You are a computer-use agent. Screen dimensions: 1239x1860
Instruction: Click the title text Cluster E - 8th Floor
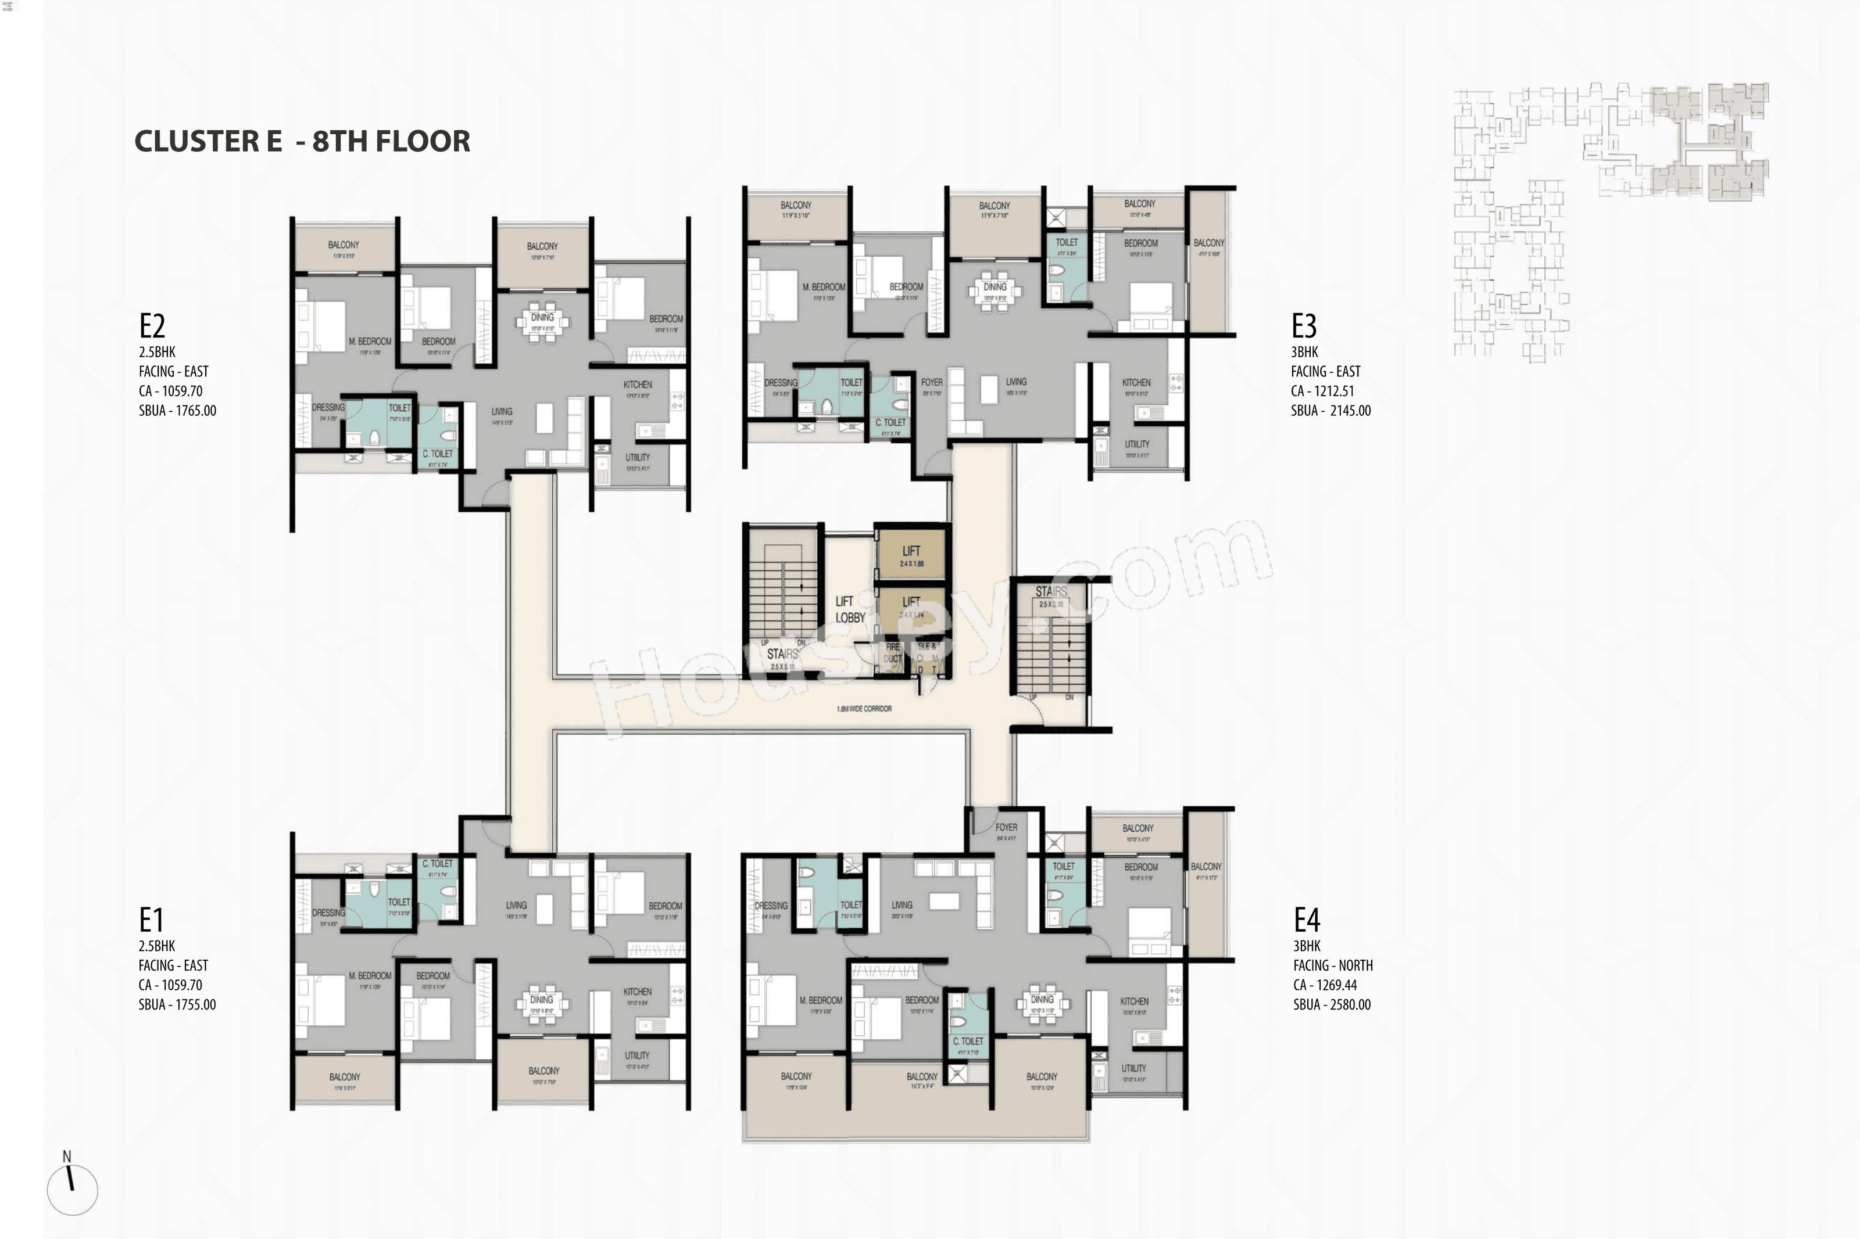tap(302, 141)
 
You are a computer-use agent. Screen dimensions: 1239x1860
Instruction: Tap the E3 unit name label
tap(1304, 325)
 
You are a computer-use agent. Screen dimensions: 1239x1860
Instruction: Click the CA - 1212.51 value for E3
tap(1322, 391)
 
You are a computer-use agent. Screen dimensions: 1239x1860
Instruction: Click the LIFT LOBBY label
tap(850, 609)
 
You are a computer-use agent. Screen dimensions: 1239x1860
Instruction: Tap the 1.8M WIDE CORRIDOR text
tap(863, 709)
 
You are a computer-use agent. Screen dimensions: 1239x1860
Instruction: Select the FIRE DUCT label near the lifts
tap(892, 653)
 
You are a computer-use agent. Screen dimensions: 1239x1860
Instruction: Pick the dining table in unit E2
tap(542, 322)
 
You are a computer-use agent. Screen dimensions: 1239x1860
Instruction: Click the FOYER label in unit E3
tap(931, 382)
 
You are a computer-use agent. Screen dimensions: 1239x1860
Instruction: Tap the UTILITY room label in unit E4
tap(1133, 1068)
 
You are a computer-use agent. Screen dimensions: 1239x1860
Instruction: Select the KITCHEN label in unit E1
tap(637, 992)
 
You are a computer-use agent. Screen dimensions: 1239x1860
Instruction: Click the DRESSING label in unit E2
tap(328, 408)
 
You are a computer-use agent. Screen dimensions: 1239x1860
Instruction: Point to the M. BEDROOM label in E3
tap(824, 288)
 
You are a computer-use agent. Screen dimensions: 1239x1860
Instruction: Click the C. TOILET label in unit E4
tap(968, 1042)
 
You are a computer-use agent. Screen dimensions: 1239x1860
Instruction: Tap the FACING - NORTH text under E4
tap(1332, 965)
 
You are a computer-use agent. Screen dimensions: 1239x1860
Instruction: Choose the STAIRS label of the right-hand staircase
tap(1050, 592)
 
